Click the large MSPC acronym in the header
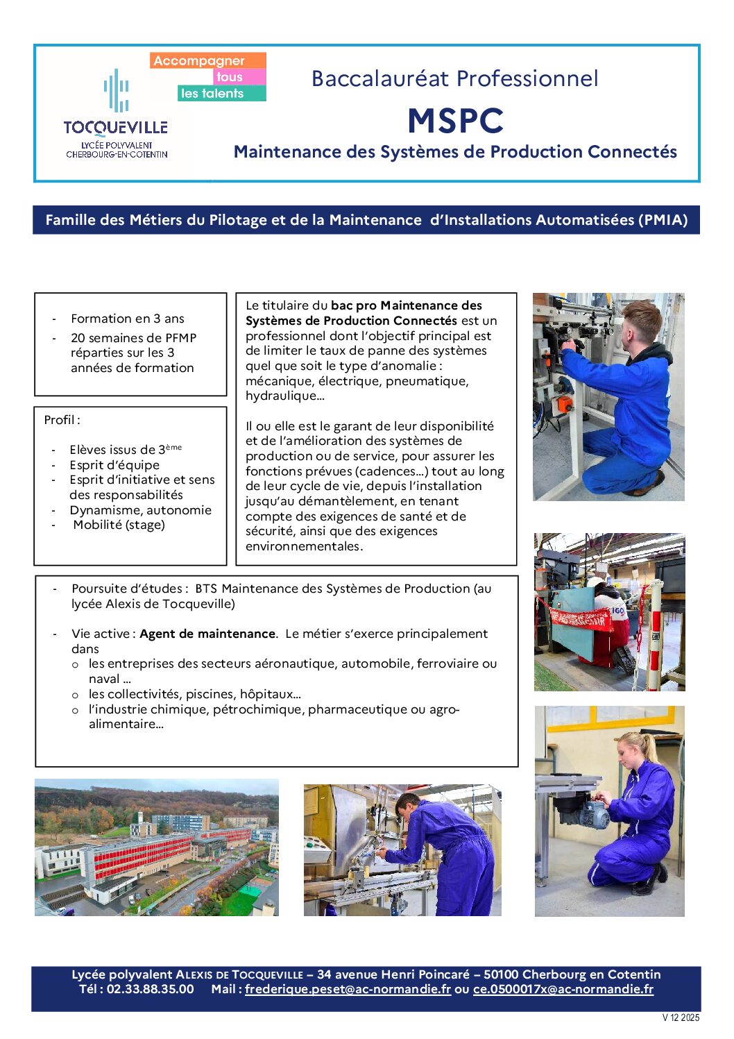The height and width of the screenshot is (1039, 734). (455, 121)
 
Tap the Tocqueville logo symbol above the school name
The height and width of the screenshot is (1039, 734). (117, 90)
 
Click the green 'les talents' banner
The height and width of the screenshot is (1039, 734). (212, 94)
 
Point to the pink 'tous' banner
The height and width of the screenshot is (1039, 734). (230, 77)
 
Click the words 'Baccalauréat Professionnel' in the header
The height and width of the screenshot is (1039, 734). (454, 78)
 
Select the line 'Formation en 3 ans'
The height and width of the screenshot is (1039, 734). (128, 319)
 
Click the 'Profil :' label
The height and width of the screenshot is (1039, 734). (62, 420)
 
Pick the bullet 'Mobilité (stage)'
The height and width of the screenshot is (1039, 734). (119, 525)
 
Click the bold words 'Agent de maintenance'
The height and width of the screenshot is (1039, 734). (207, 634)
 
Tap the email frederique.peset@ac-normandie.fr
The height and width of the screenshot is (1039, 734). (348, 989)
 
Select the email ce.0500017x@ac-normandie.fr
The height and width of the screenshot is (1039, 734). (563, 989)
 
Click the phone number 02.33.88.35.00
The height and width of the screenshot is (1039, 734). (150, 989)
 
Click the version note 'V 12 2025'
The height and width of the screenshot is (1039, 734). (681, 1018)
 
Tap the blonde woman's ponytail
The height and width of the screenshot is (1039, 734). (650, 749)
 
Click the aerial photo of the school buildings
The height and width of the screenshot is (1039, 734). (157, 847)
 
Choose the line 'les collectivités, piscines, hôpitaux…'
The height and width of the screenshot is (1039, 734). (194, 694)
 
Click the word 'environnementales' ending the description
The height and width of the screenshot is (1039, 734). (302, 546)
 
